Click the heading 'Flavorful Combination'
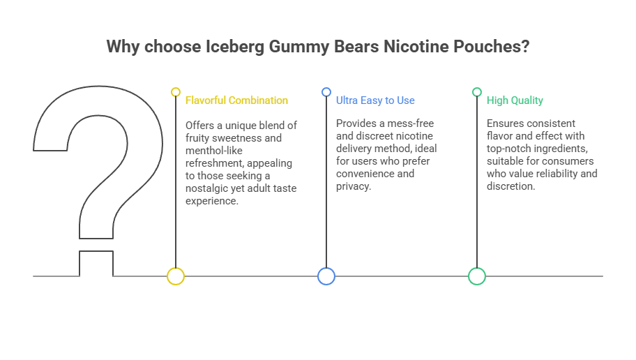236,100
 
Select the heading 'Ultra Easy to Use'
375,100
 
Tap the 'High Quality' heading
515,100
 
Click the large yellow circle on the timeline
176,276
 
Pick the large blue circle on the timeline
326,276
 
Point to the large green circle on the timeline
477,276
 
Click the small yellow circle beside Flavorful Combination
176,92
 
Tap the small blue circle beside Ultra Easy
326,92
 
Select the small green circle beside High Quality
477,92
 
